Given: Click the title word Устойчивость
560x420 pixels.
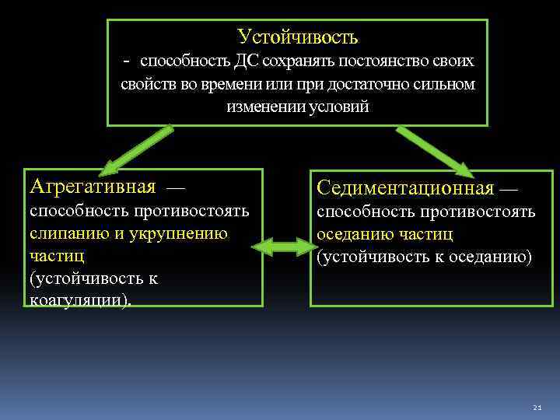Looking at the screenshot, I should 297,36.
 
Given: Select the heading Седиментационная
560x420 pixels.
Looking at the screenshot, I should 404,188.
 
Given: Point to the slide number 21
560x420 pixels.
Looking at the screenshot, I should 537,408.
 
